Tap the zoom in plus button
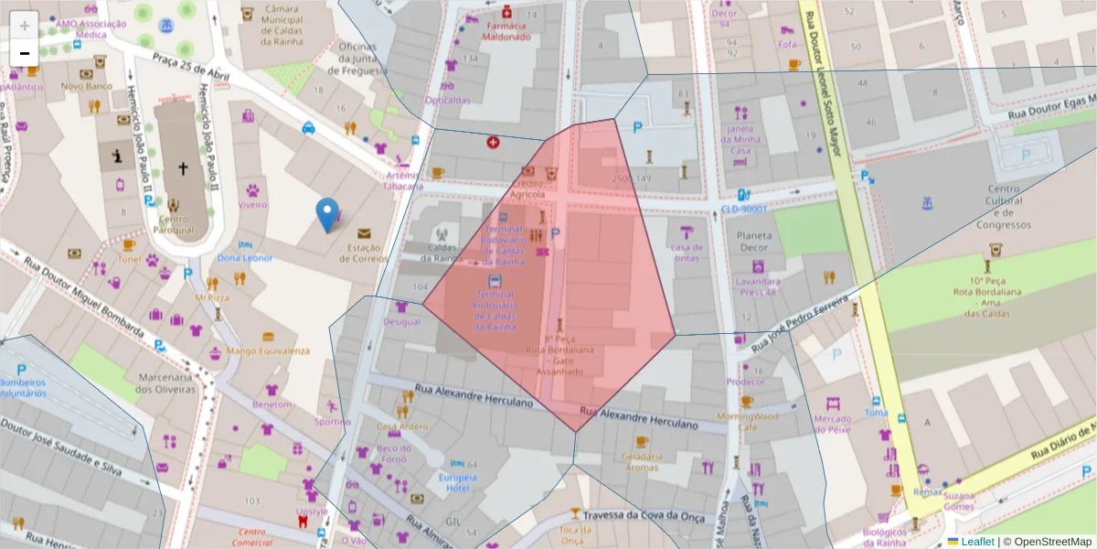(25, 25)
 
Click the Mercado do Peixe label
(832, 424)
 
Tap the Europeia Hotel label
(456, 482)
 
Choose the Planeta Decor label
(749, 241)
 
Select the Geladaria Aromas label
(641, 462)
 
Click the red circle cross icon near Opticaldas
(493, 143)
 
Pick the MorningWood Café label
(747, 421)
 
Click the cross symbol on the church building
(183, 168)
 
